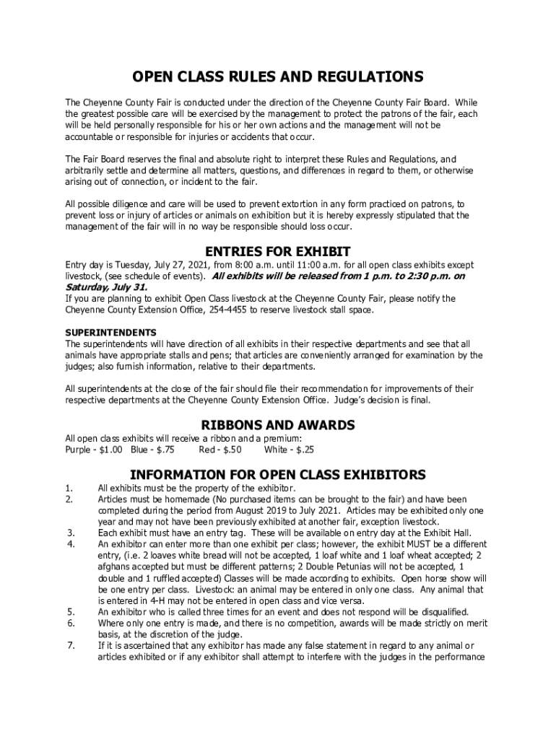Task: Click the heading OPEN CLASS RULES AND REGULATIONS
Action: pyautogui.click(x=277, y=77)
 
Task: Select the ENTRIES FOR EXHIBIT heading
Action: pyautogui.click(x=278, y=252)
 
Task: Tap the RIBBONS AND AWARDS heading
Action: pyautogui.click(x=278, y=426)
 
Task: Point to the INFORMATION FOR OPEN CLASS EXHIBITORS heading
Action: pyautogui.click(x=277, y=475)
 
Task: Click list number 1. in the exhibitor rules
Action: pyautogui.click(x=69, y=489)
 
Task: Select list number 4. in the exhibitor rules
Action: pyautogui.click(x=70, y=544)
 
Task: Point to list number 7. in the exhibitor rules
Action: pyautogui.click(x=70, y=645)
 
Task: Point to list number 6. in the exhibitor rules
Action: pyautogui.click(x=70, y=623)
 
